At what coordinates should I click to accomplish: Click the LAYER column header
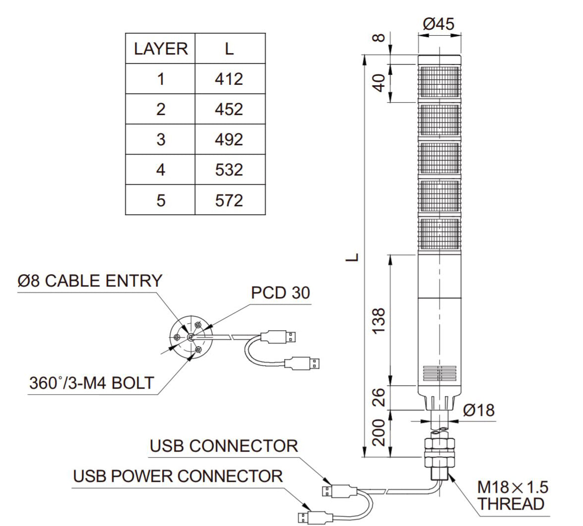[x=161, y=49]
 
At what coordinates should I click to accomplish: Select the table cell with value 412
[x=229, y=79]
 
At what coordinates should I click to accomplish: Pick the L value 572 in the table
[x=229, y=200]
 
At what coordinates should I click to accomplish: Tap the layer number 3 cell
[x=161, y=139]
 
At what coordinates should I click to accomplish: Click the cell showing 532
[x=229, y=170]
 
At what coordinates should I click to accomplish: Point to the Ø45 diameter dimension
[x=438, y=23]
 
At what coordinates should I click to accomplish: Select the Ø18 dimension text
[x=478, y=410]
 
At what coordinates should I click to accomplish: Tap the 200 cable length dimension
[x=379, y=432]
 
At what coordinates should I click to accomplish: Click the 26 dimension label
[x=379, y=397]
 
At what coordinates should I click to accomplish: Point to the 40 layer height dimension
[x=379, y=83]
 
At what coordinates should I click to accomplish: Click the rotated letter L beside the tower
[x=352, y=257]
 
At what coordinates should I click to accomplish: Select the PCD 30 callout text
[x=280, y=292]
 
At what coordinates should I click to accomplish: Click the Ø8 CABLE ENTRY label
[x=90, y=281]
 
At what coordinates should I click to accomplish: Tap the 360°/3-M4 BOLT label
[x=92, y=383]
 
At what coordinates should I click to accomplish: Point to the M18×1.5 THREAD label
[x=512, y=495]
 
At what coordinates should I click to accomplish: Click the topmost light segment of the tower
[x=438, y=83]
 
